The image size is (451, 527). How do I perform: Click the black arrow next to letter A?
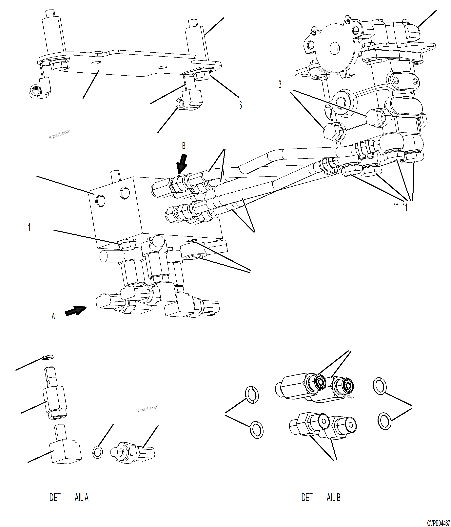point(75,310)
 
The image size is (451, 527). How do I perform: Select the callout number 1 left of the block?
point(29,227)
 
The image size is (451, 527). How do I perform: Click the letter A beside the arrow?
point(53,316)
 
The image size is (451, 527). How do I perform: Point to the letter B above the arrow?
point(184,146)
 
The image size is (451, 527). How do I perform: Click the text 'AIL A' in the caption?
point(82,497)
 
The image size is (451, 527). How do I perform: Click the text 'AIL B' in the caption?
point(333,497)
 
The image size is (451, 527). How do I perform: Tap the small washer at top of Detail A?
point(48,357)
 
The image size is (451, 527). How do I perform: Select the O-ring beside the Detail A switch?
point(98,452)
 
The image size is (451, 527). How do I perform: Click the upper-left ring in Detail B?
point(252,395)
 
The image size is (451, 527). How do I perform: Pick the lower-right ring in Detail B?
point(384,421)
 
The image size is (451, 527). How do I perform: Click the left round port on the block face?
point(100,201)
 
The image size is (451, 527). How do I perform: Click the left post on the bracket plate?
point(54,33)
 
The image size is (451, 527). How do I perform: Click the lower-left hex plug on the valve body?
point(333,131)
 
